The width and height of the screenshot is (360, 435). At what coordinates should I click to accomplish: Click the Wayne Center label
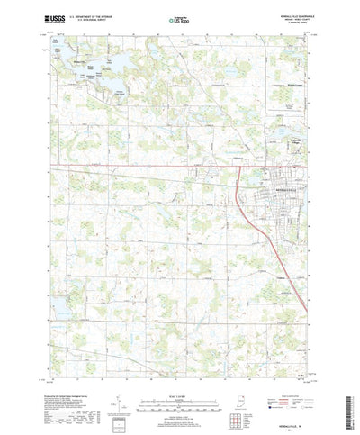pyautogui.click(x=283, y=86)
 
